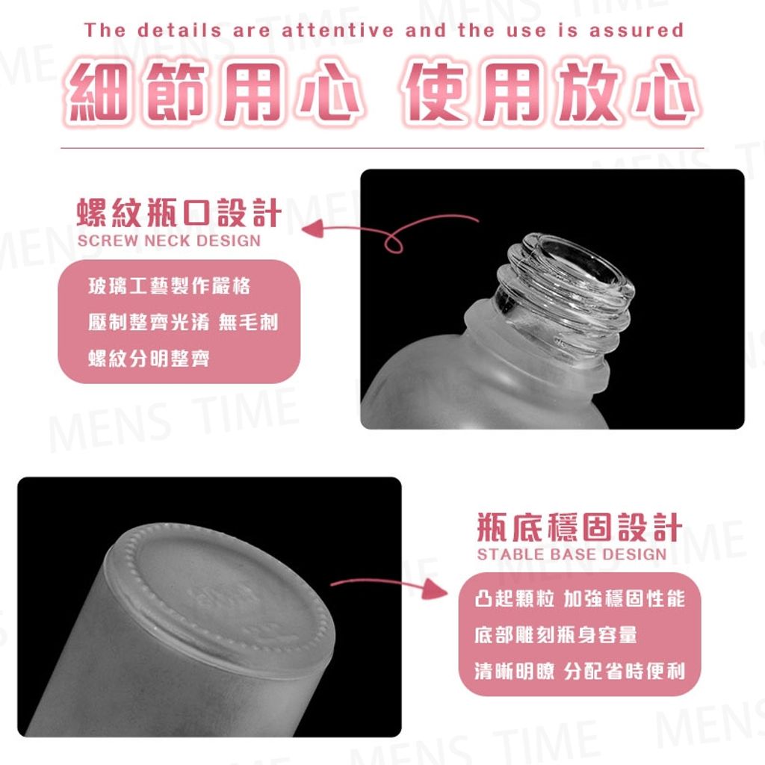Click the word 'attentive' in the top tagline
pos(338,30)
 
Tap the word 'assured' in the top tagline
pos(637,30)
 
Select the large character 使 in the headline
pos(436,92)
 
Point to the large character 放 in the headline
pos(589,92)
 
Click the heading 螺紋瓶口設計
pos(179,213)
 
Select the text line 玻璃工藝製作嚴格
pos(170,286)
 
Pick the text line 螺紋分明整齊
pos(149,358)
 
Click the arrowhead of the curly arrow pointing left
pos(313,229)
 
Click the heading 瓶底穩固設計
pos(580,527)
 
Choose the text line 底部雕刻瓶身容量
pos(556,635)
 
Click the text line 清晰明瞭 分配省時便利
pos(580,671)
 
